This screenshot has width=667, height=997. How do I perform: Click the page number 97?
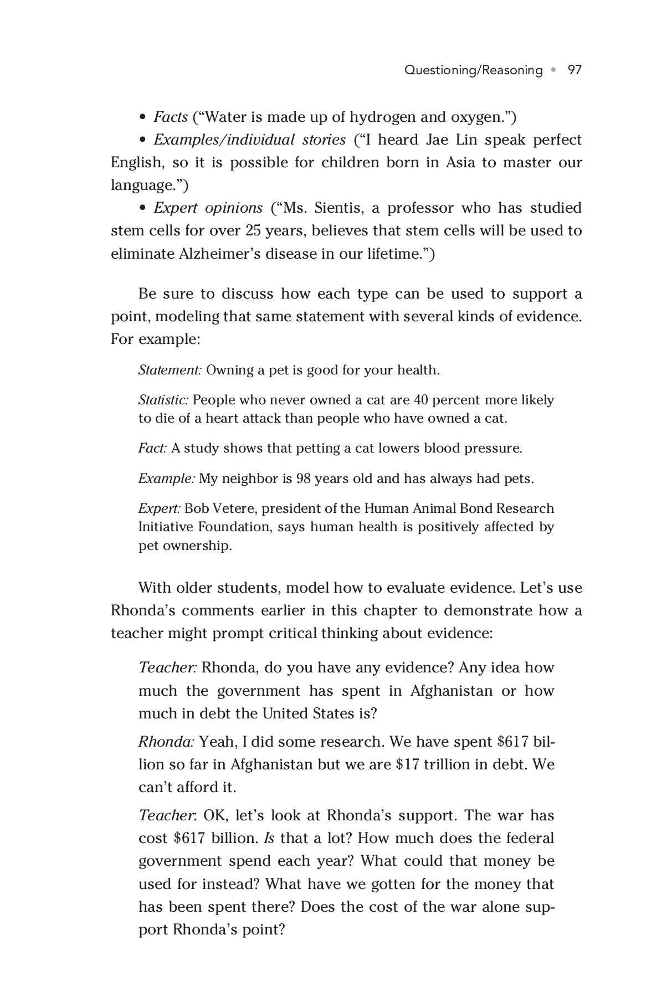[574, 70]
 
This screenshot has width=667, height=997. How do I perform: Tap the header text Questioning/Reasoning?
[473, 70]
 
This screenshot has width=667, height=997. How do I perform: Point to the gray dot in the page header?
[553, 70]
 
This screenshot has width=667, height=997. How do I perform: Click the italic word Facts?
[171, 117]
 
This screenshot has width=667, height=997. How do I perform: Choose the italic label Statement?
[170, 370]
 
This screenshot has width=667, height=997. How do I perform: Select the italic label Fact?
[152, 448]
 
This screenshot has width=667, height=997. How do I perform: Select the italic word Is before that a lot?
[269, 838]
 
